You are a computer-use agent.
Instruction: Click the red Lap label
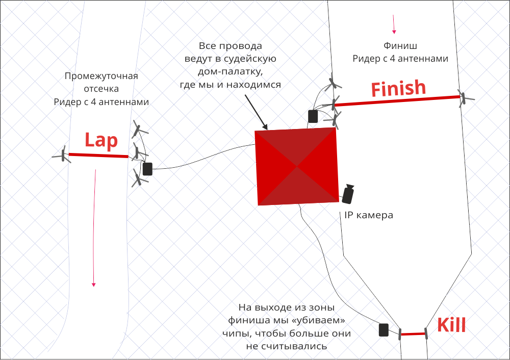[101, 140]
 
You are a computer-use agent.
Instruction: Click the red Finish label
[398, 89]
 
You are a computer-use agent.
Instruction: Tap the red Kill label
[451, 324]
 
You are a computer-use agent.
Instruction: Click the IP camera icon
[349, 194]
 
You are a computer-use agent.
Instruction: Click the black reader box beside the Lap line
[147, 169]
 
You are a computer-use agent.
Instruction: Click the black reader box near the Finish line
[313, 116]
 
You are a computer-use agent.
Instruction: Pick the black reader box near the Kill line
[384, 329]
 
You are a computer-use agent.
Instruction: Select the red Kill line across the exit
[413, 335]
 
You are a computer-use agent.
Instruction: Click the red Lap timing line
[98, 155]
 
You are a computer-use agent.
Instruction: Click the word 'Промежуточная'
[101, 76]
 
